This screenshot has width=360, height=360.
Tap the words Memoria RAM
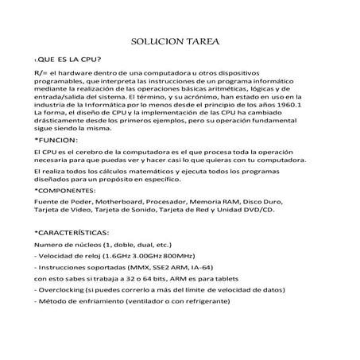pos(218,203)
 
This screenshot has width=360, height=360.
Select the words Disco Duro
pos(264,203)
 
